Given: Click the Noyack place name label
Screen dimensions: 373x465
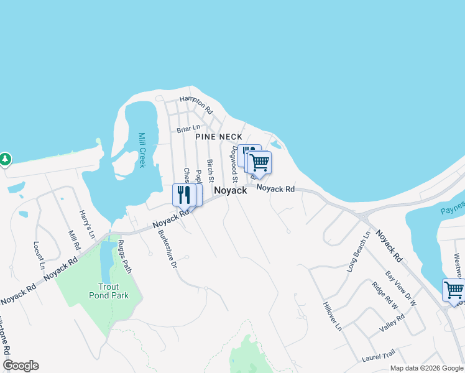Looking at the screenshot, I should pyautogui.click(x=231, y=191).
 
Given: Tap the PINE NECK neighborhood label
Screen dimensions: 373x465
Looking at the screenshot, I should pyautogui.click(x=218, y=136).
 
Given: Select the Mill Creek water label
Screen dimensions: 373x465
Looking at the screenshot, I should pyautogui.click(x=142, y=150).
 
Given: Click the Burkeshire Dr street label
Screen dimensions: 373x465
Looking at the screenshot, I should pyautogui.click(x=166, y=247).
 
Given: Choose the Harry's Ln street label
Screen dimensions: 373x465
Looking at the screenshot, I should pyautogui.click(x=86, y=224).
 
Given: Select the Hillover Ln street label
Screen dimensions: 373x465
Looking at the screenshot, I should pyautogui.click(x=333, y=315).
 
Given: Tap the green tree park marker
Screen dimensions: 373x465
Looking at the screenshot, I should pyautogui.click(x=5, y=159).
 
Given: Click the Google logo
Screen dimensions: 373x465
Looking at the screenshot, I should pyautogui.click(x=21, y=366).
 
